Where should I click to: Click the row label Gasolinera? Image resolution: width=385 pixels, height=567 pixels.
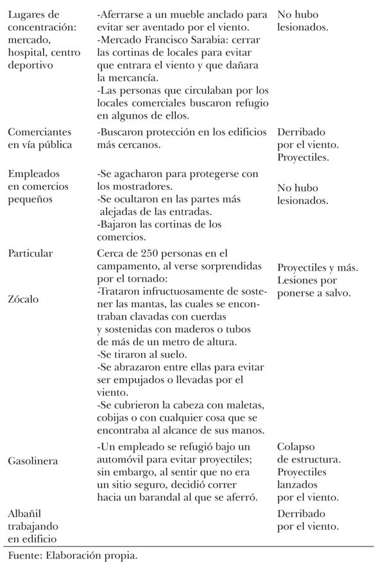33,461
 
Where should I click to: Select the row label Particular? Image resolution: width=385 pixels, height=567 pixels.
30,253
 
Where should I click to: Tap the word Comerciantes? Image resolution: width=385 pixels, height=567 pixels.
37,133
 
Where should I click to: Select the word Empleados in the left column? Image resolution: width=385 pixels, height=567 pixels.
33,174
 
